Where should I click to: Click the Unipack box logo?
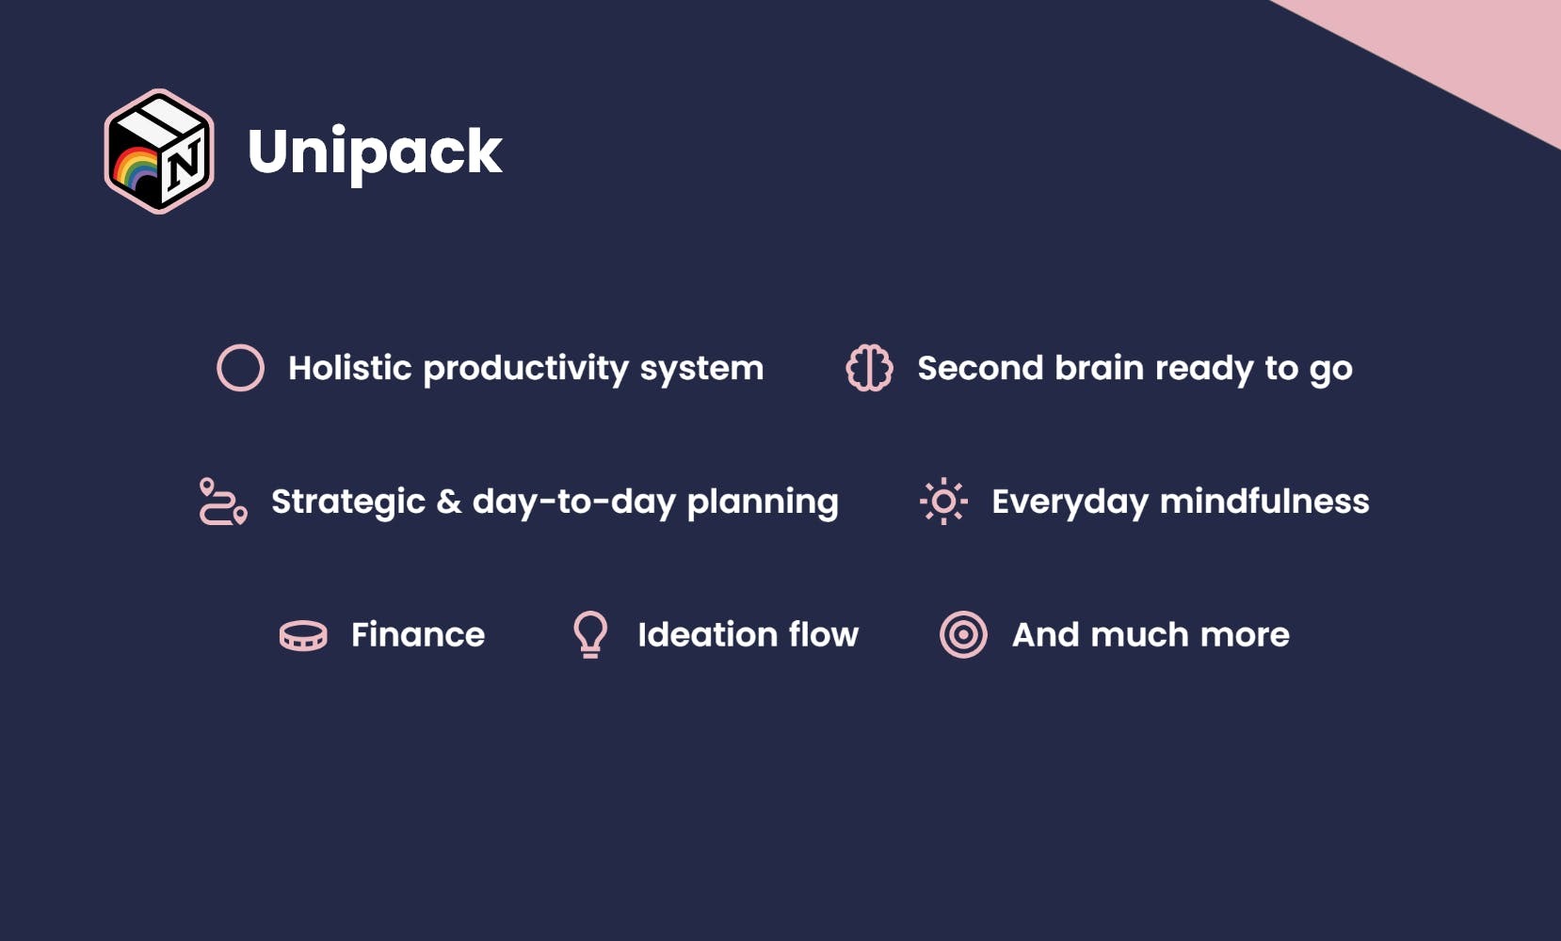159,152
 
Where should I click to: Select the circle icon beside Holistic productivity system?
240,344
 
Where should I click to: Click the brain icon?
869,368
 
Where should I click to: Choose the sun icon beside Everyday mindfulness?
943,501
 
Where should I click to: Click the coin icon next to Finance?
303,635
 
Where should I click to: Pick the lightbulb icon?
590,634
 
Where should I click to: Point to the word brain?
1099,368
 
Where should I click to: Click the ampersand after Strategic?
449,502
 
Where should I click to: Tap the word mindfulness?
1264,501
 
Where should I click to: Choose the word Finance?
418,634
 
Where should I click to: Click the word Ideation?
707,634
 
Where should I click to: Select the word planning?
763,503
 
